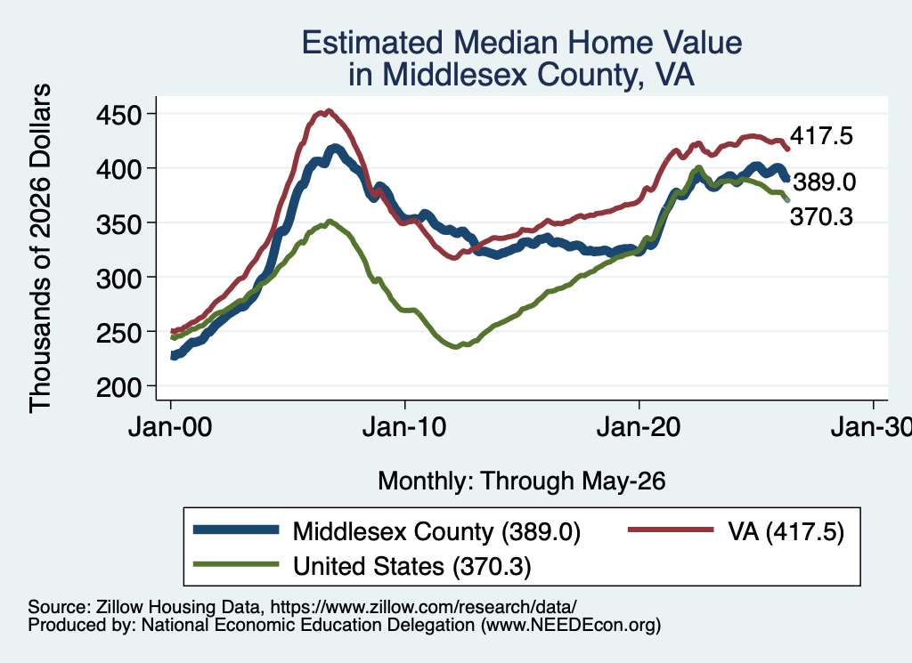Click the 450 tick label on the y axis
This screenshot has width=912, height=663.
pos(118,115)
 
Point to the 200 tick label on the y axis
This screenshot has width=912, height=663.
pos(118,387)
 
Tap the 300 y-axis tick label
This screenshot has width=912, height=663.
pos(118,279)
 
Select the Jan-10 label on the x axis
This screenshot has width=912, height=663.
pos(404,428)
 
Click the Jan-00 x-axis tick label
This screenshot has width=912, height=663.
pos(170,428)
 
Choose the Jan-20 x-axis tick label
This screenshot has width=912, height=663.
pos(639,428)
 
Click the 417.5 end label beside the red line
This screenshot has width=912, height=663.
pos(821,136)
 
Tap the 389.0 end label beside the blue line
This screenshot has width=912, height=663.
pos(825,182)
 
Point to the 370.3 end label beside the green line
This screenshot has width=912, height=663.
pos(821,217)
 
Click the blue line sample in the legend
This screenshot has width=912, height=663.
pos(236,530)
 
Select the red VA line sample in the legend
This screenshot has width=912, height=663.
pos(671,530)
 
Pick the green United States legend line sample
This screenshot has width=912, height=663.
pos(236,563)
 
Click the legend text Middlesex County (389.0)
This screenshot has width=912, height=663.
pos(436,531)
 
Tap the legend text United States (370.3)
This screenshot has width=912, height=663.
pos(411,566)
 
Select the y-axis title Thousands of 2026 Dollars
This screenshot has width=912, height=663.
pos(40,248)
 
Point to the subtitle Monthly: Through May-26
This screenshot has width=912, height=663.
pos(522,481)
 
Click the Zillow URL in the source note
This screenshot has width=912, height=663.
pos(423,607)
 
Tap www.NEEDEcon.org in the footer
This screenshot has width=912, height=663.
pos(571,625)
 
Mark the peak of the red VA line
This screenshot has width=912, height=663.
pos(330,110)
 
